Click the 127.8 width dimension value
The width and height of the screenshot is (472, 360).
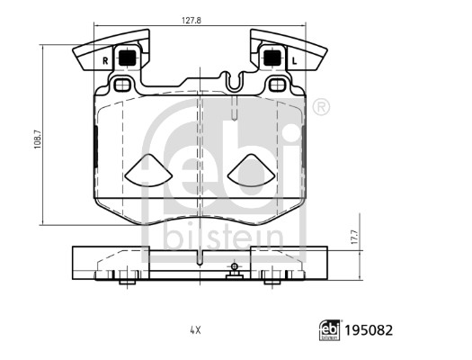coord(191,20)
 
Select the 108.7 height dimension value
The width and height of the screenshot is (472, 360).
coord(37,139)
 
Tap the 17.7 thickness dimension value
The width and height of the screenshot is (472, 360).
coord(354,237)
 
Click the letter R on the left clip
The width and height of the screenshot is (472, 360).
coord(105,61)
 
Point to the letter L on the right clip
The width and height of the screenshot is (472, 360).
coord(294,61)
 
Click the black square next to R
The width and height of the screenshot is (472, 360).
coord(128,58)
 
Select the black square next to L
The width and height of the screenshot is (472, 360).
coord(272,58)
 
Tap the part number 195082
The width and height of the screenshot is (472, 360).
coord(369,330)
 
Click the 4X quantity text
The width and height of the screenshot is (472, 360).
coord(195,330)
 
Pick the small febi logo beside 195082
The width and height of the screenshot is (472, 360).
coord(329,330)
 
